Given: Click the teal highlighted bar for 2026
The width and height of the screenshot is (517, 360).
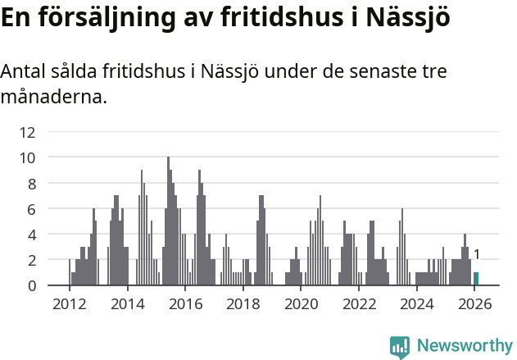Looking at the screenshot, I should [x=476, y=279].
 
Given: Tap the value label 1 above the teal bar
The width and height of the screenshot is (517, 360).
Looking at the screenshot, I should [x=476, y=255].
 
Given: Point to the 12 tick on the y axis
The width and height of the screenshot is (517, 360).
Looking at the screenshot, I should [x=28, y=131].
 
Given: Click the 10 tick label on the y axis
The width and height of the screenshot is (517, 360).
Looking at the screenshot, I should [x=28, y=157].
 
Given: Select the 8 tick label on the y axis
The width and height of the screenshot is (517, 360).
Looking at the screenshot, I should [x=31, y=183].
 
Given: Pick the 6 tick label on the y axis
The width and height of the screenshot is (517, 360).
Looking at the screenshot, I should [x=31, y=208].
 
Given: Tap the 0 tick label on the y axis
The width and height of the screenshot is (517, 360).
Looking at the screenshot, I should [x=31, y=285].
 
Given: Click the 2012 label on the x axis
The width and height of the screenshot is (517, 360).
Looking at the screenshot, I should [x=69, y=304].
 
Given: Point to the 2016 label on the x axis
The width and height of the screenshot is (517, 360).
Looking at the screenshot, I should [x=184, y=304].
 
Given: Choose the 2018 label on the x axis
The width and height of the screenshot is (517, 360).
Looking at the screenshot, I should [x=243, y=304].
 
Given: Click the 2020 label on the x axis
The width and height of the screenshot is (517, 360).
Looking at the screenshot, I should [x=301, y=304].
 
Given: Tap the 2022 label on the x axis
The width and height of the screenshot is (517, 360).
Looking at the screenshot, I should [x=359, y=304].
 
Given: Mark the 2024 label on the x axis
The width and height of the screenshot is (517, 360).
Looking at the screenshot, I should [x=417, y=304].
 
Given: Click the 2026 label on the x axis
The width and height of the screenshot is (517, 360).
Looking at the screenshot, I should [x=475, y=304].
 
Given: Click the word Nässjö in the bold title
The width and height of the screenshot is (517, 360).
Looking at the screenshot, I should [x=407, y=18].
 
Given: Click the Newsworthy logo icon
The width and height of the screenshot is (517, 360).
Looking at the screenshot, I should [x=400, y=347].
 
